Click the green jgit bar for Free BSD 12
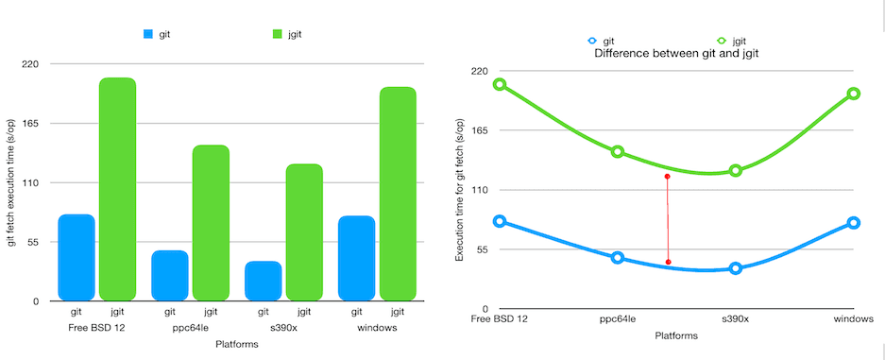tap(117, 189)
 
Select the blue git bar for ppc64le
tap(170, 275)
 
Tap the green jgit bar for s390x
tap(304, 232)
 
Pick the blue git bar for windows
tap(356, 258)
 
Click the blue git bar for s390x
tap(264, 281)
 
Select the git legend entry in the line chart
tap(601, 41)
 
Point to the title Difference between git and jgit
tap(676, 54)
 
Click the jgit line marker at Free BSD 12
tap(500, 85)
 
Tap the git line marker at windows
tap(853, 223)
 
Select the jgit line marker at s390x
tap(735, 171)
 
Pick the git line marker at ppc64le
tap(618, 258)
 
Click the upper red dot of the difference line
tap(667, 177)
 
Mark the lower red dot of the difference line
tap(668, 262)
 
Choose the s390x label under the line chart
tap(735, 319)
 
